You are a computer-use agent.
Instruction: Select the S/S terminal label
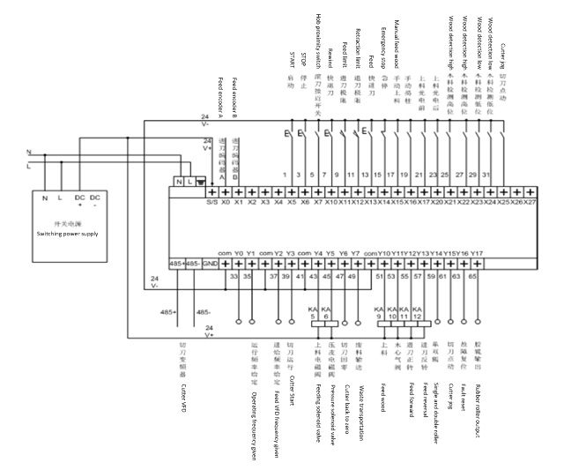211,202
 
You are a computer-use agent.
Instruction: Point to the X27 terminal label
530,202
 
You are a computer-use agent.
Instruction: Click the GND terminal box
211,264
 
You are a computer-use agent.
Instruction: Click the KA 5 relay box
313,314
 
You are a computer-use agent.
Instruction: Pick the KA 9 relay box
378,314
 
